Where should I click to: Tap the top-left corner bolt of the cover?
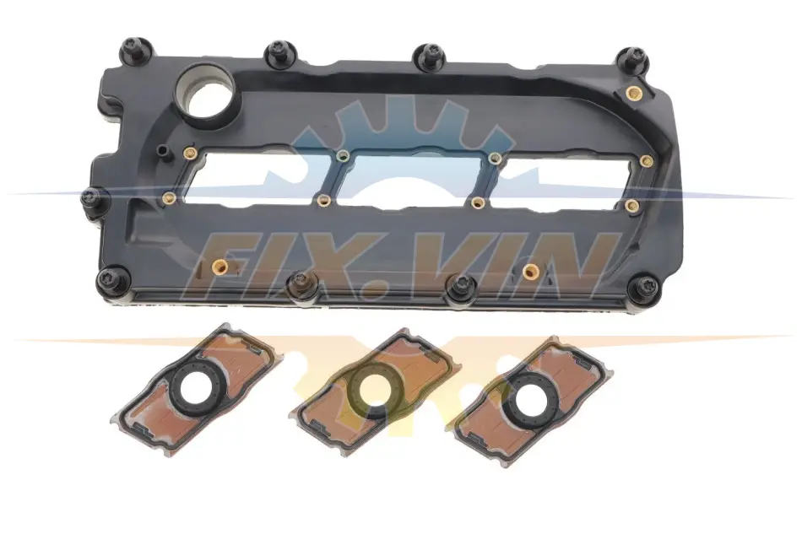[x=136, y=51]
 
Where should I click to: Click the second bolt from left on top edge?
[x=280, y=53]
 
